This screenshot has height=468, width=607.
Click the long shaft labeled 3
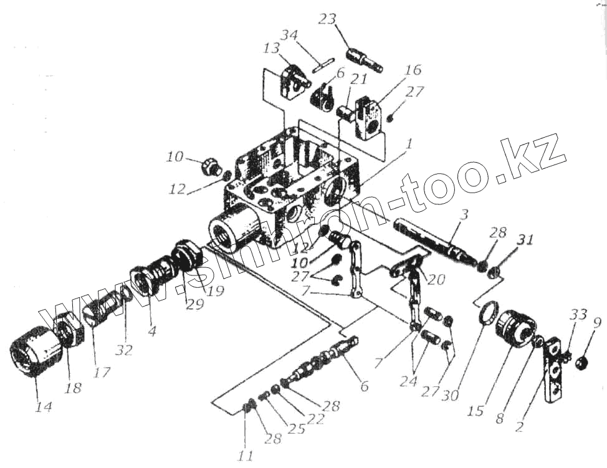pos(430,237)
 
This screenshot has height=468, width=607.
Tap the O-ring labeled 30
pos(487,312)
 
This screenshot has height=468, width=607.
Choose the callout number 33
pos(579,315)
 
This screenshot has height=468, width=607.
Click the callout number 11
pos(246,455)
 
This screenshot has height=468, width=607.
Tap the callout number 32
pos(124,350)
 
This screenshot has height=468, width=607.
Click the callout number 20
pos(436,280)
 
